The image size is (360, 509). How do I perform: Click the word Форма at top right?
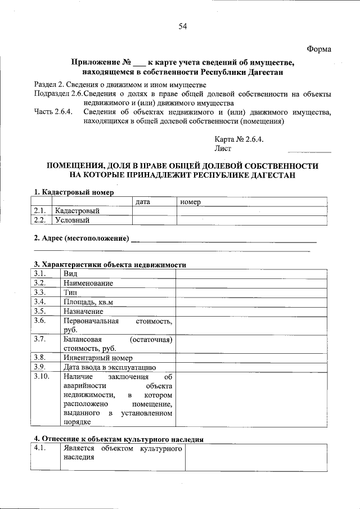pos(319,49)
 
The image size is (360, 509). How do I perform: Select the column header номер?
pos(191,201)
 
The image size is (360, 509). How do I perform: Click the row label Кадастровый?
pos(77,211)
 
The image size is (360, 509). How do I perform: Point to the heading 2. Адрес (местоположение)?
pos(82,238)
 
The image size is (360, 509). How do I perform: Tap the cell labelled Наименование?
pos(88,282)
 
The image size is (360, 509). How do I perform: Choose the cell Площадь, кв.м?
pos(89,302)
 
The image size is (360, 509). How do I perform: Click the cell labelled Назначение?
pos(83,311)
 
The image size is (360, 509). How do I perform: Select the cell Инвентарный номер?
pos(98,358)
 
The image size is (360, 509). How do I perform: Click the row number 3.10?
pos(42,376)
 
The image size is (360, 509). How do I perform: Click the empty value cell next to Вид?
pos(250,273)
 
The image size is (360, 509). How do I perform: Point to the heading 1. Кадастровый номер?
pos(74,192)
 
